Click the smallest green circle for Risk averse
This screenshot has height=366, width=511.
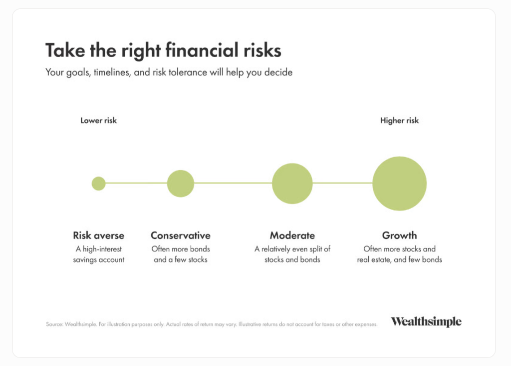[x=98, y=183]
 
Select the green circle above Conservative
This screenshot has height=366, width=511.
[x=181, y=183]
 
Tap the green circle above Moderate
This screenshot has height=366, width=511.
[x=292, y=183]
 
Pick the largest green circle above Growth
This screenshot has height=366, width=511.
[x=400, y=183]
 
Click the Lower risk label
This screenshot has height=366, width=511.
[x=98, y=120]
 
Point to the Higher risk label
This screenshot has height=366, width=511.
[x=399, y=120]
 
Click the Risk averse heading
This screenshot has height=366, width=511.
[x=98, y=235]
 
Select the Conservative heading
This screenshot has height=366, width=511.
[x=181, y=235]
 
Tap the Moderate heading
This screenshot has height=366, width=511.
[x=292, y=235]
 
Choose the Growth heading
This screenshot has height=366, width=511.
[x=400, y=235]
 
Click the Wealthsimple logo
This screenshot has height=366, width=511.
[x=426, y=321]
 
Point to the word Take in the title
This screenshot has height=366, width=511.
[x=65, y=50]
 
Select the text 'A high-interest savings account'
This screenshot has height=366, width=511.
[x=98, y=254]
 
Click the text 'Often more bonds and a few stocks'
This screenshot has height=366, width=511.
[x=181, y=254]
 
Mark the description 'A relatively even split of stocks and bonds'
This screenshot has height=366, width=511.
[x=292, y=254]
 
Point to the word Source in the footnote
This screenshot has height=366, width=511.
[x=54, y=324]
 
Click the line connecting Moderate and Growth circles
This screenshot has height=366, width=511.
[x=342, y=183]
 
